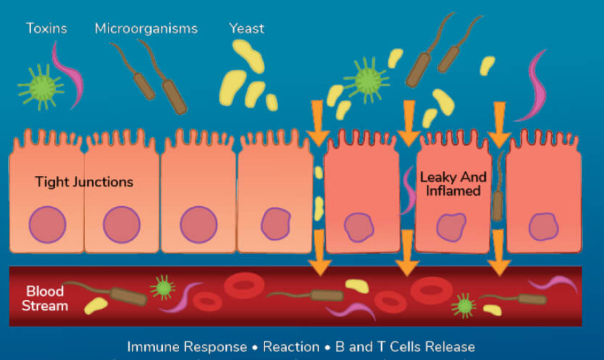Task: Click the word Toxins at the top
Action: coord(46,28)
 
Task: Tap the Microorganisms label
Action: coord(146,29)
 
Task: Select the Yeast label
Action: coord(247,28)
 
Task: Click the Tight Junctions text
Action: coord(84,182)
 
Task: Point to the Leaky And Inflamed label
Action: coord(453,184)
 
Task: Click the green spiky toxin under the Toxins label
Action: coord(40,87)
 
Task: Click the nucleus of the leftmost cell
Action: coord(48,225)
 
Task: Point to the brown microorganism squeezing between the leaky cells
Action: coord(497,193)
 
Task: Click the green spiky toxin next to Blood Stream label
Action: coord(163,287)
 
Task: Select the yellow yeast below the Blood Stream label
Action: coord(96,305)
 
